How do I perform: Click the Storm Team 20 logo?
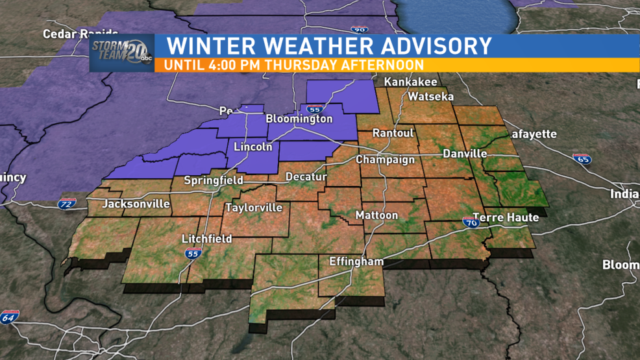point(121,53)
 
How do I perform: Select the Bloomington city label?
point(299,119)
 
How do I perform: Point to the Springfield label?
point(214,180)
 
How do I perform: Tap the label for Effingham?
point(356,262)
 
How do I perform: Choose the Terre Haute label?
point(506,217)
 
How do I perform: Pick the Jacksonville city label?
point(136,204)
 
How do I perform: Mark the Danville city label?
point(465,154)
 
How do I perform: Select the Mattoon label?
point(376,215)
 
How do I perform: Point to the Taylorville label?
point(254,208)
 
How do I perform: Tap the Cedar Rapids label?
point(80,33)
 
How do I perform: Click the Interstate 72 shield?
point(67,204)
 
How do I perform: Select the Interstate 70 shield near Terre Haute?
point(471,222)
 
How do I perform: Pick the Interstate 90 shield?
point(358,29)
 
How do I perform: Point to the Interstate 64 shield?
point(8,317)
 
